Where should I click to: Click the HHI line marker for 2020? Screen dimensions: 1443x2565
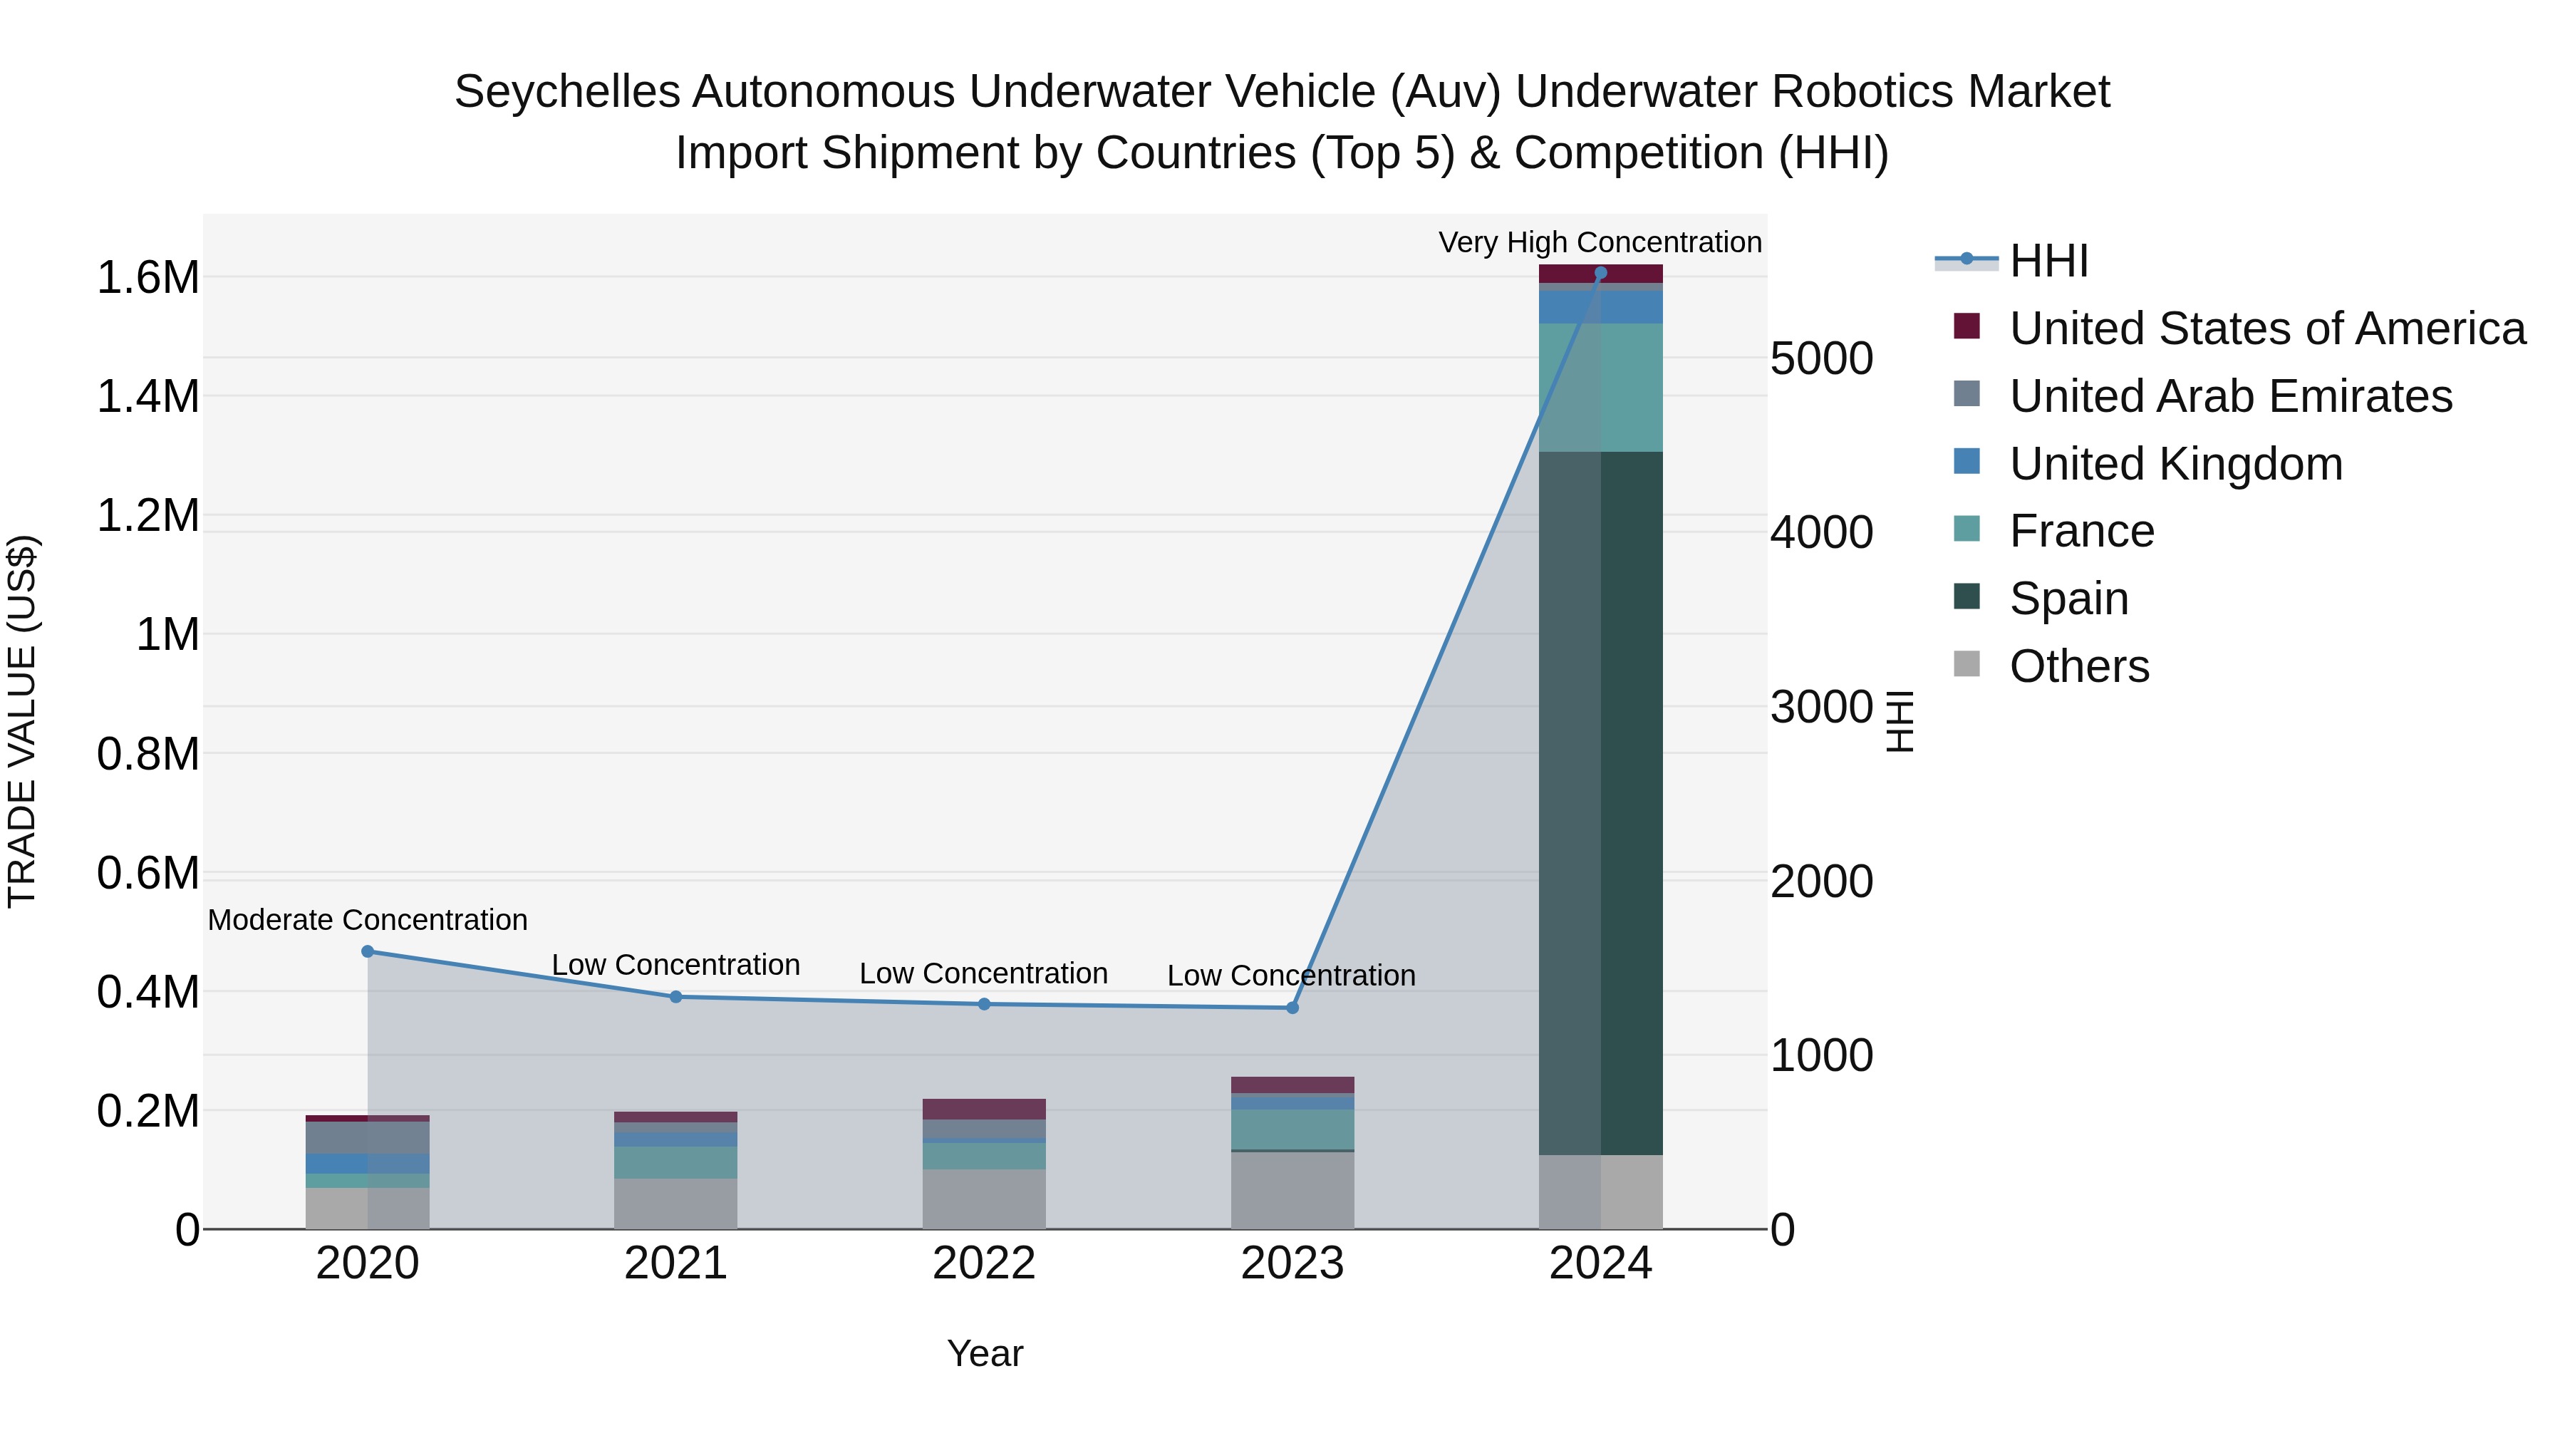point(368,951)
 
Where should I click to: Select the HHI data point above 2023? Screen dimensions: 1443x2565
point(1292,1008)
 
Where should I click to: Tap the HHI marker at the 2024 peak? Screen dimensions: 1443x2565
point(1601,273)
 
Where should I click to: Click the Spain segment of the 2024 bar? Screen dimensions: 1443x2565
point(1601,802)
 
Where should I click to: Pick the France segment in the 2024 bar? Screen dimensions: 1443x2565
point(1601,388)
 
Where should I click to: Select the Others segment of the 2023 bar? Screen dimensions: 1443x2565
point(1292,1190)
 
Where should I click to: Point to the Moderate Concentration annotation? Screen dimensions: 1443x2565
point(368,920)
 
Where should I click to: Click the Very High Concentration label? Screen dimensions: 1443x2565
point(1600,242)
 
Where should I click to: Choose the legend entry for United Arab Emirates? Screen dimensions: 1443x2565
point(2230,396)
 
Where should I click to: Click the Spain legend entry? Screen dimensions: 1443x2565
point(2069,599)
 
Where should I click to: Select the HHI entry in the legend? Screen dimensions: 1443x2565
point(2048,261)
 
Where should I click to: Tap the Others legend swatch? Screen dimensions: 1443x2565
point(1966,664)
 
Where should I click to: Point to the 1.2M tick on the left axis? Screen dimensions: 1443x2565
point(147,516)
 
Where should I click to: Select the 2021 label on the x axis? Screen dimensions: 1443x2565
point(676,1263)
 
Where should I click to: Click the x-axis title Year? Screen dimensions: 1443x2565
point(985,1353)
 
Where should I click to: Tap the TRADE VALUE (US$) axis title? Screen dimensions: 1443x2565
point(22,721)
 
